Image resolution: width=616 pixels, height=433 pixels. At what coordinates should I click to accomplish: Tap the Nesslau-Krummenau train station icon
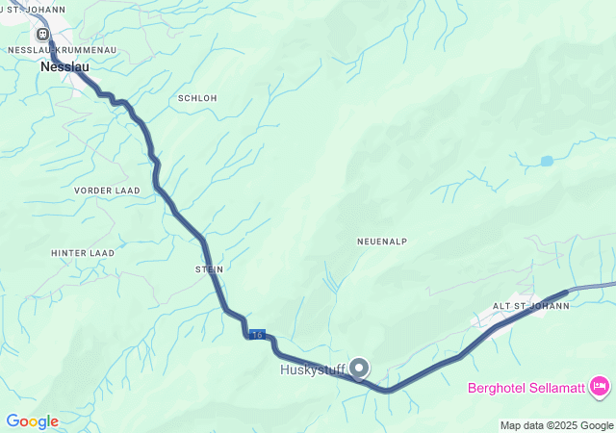point(42,34)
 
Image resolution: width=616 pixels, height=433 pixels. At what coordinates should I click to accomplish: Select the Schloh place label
point(197,98)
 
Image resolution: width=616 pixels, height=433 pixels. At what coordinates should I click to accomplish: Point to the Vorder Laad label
point(107,191)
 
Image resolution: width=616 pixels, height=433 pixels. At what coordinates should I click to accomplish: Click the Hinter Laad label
point(83,253)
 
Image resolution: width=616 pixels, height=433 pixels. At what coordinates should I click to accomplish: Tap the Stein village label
point(210,269)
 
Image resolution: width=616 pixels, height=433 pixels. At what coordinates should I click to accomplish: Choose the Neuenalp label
point(377,242)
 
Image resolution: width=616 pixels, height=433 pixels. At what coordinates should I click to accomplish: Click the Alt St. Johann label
point(531,306)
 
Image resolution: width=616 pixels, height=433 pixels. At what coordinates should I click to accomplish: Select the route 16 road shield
point(256,334)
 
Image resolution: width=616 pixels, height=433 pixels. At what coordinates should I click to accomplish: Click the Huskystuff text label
point(312,369)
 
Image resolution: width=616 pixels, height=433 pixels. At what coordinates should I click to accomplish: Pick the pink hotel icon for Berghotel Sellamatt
point(601,387)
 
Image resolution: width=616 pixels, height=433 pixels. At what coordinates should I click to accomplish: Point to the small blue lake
point(547,161)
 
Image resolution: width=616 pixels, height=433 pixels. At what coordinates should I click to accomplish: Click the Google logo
point(32,421)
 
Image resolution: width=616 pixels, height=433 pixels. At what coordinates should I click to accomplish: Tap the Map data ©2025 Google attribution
point(555,425)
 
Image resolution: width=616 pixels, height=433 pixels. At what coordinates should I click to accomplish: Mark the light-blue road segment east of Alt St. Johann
point(592,287)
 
